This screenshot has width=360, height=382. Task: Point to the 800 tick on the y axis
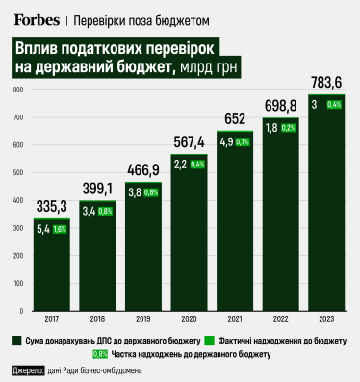point(17,90)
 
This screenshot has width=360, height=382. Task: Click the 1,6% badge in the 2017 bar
point(60,230)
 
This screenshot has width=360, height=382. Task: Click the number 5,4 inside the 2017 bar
point(41,230)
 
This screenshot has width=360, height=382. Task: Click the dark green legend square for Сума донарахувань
point(18,341)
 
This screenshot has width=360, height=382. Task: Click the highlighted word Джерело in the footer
point(29,369)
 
